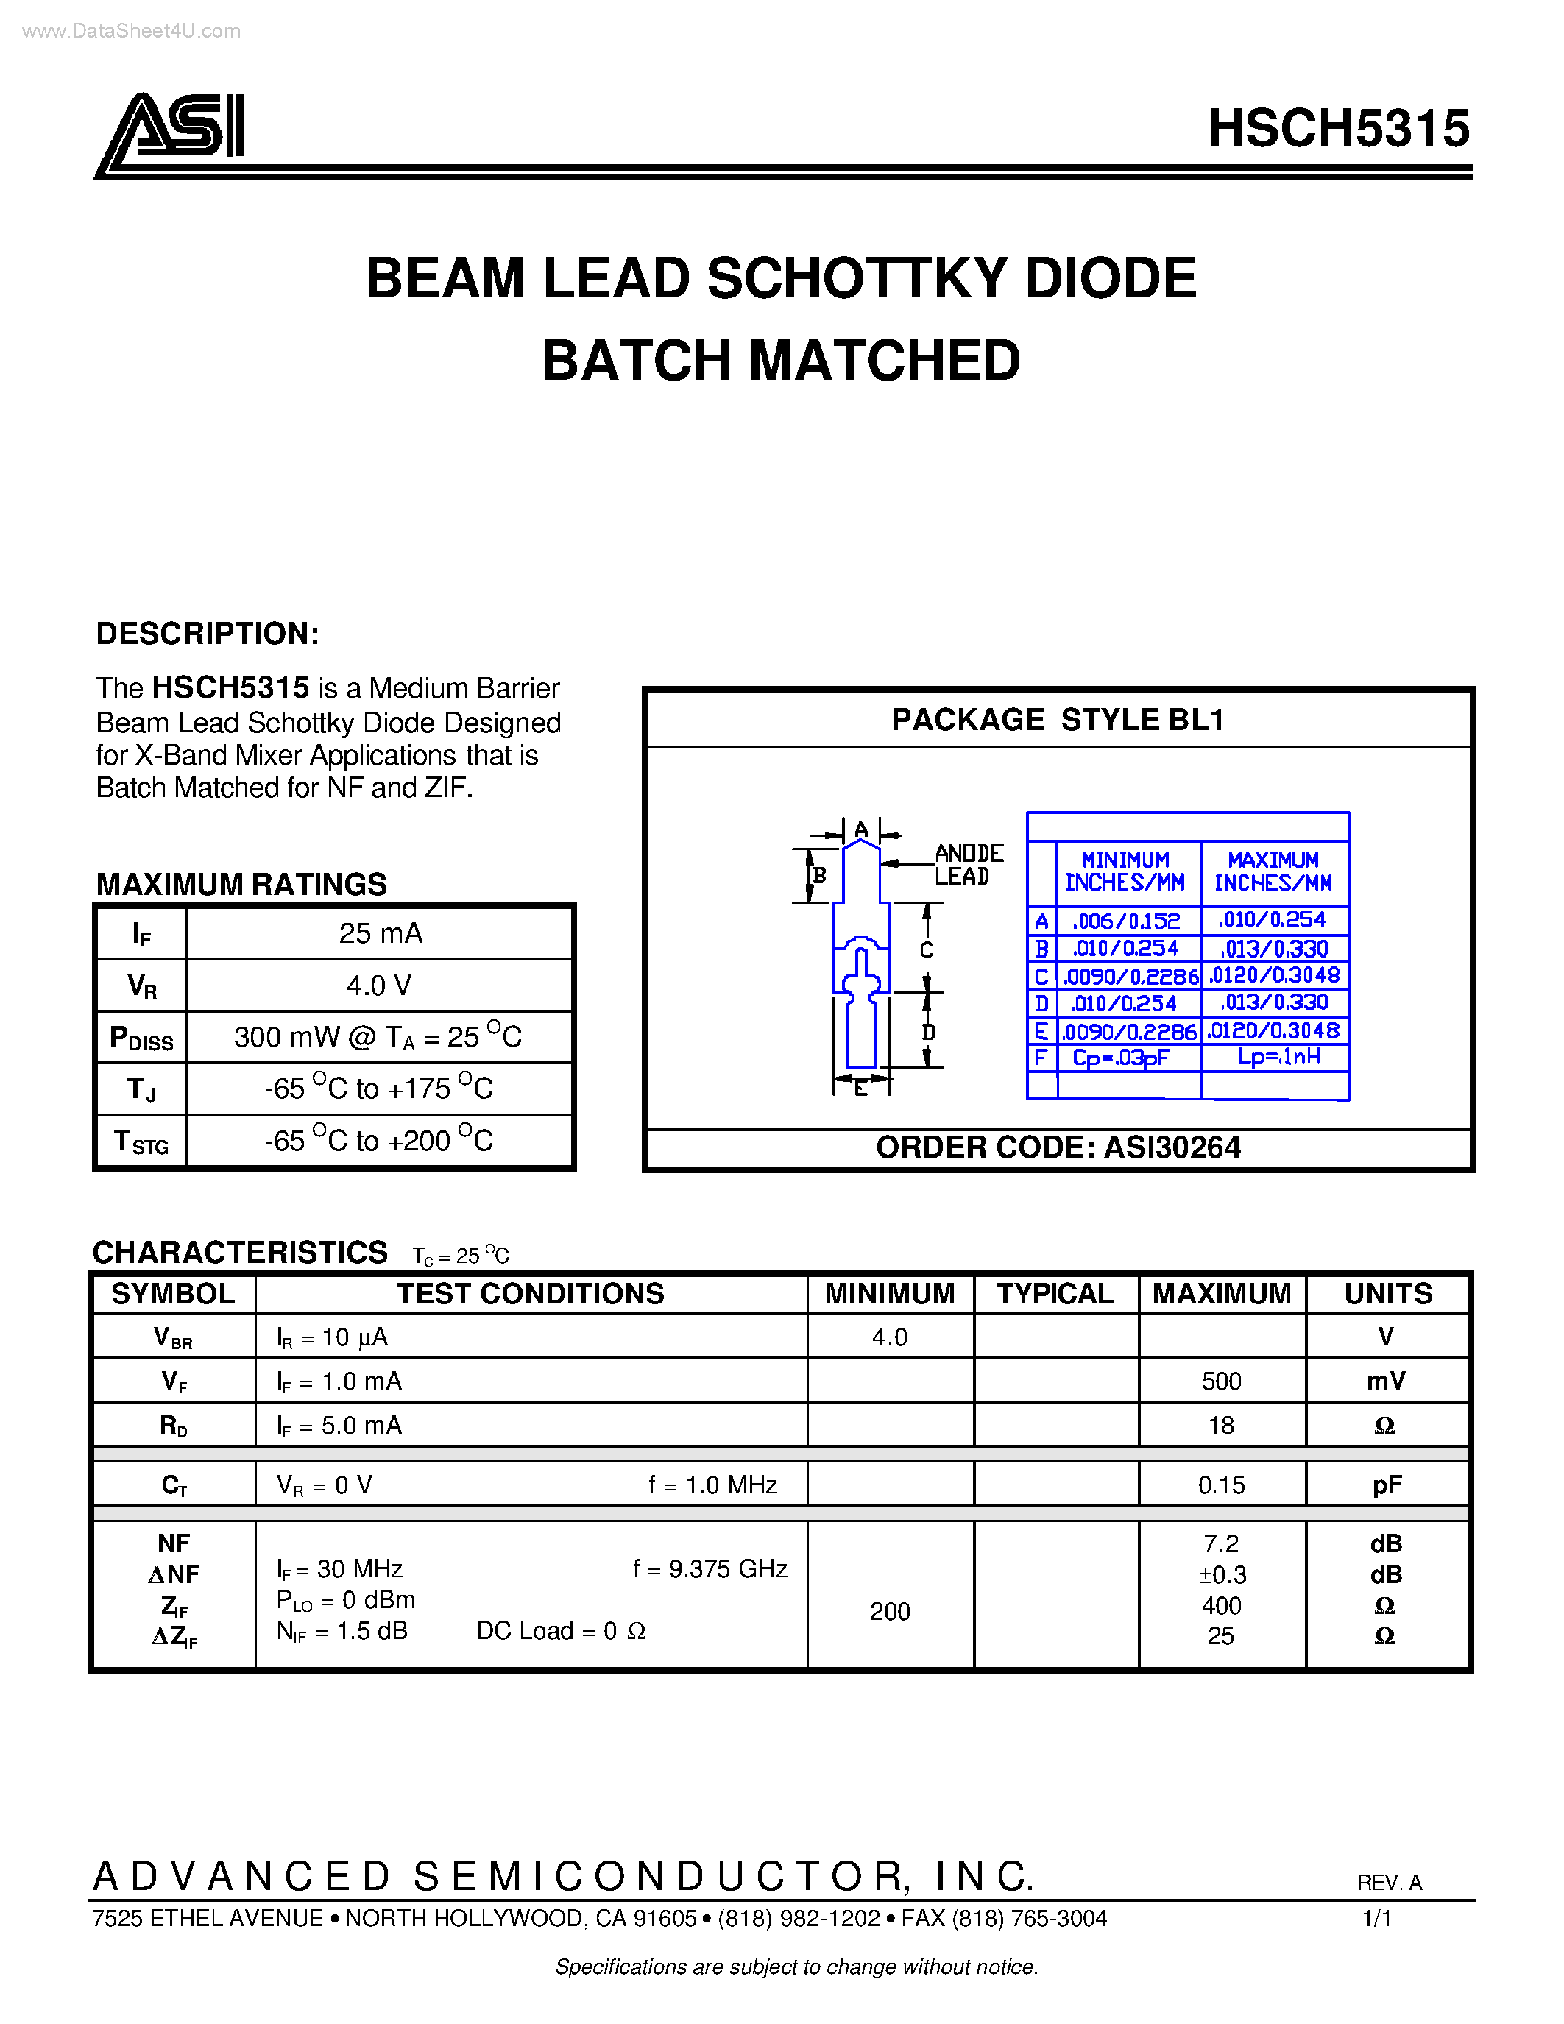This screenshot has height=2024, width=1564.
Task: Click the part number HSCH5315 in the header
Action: click(x=1338, y=128)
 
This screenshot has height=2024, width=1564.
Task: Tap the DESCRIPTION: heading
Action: click(x=208, y=634)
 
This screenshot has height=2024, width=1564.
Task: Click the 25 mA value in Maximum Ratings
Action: click(x=380, y=933)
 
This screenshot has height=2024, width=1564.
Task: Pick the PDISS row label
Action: click(x=141, y=1038)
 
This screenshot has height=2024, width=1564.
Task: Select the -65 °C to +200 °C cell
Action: click(x=378, y=1140)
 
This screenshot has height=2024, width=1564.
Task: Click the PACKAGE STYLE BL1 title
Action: click(x=1057, y=720)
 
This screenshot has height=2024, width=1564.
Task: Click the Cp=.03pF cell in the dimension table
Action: click(x=1120, y=1058)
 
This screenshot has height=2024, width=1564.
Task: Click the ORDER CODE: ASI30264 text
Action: click(x=1057, y=1147)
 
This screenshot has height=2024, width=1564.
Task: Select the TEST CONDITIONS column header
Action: click(x=530, y=1294)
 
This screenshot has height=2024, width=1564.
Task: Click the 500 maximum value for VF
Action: click(x=1221, y=1381)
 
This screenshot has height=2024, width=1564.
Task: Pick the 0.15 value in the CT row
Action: click(x=1221, y=1485)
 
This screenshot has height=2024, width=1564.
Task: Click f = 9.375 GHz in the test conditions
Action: click(x=710, y=1569)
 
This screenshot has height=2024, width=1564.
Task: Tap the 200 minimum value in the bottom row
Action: click(x=890, y=1612)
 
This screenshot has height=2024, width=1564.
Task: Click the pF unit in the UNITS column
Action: click(x=1386, y=1485)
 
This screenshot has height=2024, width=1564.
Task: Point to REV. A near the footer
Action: click(x=1388, y=1882)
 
